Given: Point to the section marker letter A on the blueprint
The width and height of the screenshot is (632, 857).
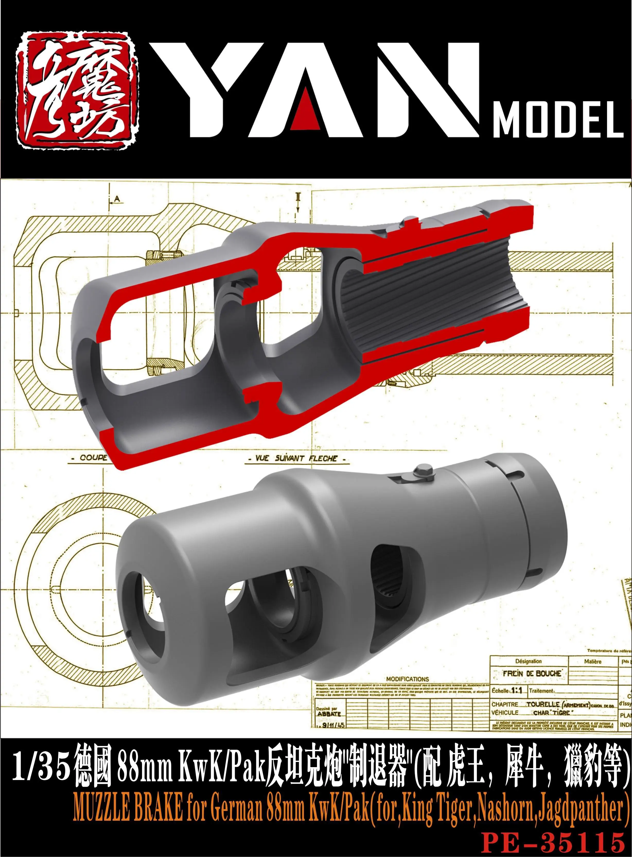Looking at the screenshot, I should pos(117,199).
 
